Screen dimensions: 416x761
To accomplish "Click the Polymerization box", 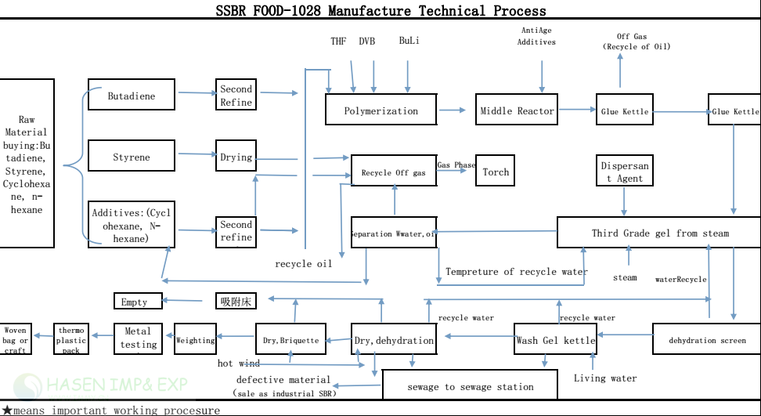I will (x=381, y=110).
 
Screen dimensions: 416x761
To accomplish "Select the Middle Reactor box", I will (x=517, y=110).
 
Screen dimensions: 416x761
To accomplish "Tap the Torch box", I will (x=496, y=172).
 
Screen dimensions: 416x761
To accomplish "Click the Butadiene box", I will (x=132, y=96).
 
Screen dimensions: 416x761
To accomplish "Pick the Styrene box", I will (x=132, y=157).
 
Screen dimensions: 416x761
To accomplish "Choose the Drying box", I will (x=236, y=156).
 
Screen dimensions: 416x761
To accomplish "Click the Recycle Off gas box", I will (x=394, y=171).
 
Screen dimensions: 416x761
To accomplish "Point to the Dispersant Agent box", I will (x=624, y=172).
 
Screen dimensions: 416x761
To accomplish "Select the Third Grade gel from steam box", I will (x=660, y=233).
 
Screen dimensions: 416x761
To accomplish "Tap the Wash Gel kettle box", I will (x=555, y=340).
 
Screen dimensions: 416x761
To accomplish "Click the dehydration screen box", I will (x=707, y=340).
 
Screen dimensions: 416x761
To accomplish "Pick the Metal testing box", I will (x=139, y=338).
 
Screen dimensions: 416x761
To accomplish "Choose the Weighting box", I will (x=195, y=340).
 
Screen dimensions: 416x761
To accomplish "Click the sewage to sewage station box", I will (x=470, y=385).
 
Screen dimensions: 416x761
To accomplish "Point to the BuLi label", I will (x=409, y=41).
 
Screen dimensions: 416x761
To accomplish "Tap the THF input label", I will (x=338, y=41).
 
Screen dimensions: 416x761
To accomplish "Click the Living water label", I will (x=605, y=378).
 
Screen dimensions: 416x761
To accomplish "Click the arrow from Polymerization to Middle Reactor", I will (x=453, y=110).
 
